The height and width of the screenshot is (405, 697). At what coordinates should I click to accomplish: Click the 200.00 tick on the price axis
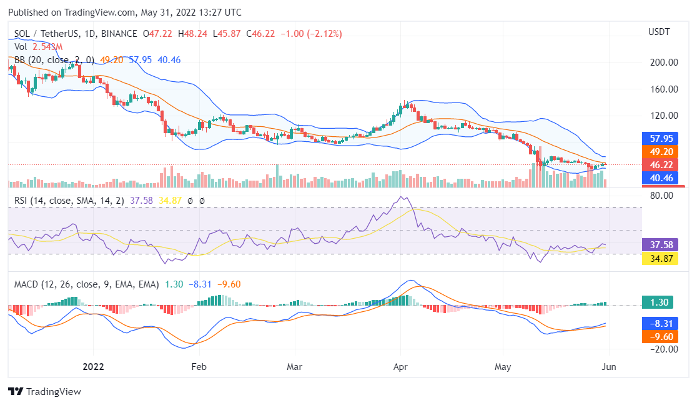click(663, 62)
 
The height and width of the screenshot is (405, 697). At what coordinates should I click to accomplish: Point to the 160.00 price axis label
click(663, 89)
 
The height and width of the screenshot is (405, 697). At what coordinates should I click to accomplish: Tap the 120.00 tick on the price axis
click(663, 116)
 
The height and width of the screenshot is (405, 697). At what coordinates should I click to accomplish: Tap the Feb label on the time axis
click(199, 366)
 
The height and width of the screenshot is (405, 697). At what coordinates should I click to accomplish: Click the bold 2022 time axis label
click(93, 366)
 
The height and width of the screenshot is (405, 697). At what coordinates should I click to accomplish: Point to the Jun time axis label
click(608, 366)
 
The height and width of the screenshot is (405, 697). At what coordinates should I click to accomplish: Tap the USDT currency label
click(659, 32)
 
